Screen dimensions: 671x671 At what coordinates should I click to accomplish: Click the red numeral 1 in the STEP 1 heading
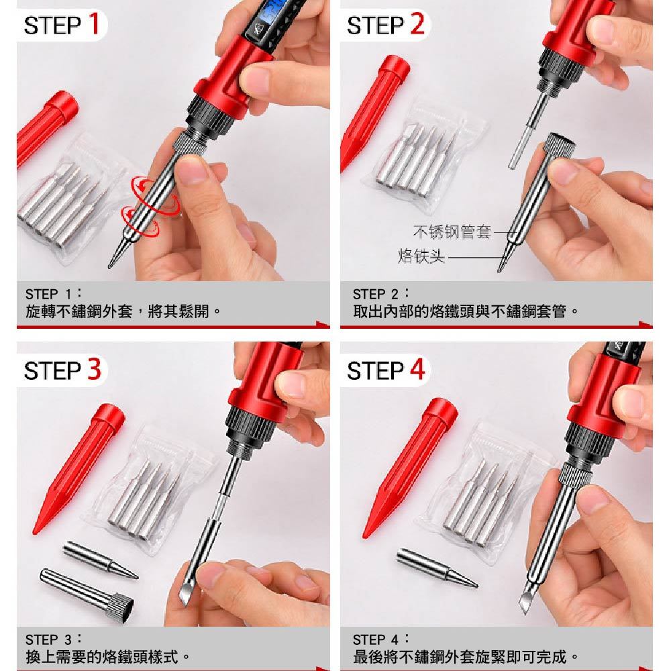[x=95, y=23]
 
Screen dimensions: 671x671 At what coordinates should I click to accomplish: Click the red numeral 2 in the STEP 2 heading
[x=417, y=23]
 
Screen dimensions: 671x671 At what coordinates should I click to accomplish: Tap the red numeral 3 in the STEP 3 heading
[x=95, y=369]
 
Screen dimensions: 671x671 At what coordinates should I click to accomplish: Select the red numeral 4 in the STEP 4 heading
[x=417, y=369]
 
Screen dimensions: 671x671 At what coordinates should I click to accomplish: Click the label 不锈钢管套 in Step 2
[x=452, y=231]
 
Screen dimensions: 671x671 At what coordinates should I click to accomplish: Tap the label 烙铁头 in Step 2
[x=421, y=256]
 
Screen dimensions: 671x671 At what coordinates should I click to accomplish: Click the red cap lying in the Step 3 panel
[x=79, y=468]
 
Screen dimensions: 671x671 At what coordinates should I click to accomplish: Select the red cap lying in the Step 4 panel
[x=410, y=467]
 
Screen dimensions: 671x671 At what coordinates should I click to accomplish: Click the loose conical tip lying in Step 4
[x=437, y=568]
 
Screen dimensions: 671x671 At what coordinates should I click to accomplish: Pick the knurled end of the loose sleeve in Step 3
[x=120, y=604]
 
